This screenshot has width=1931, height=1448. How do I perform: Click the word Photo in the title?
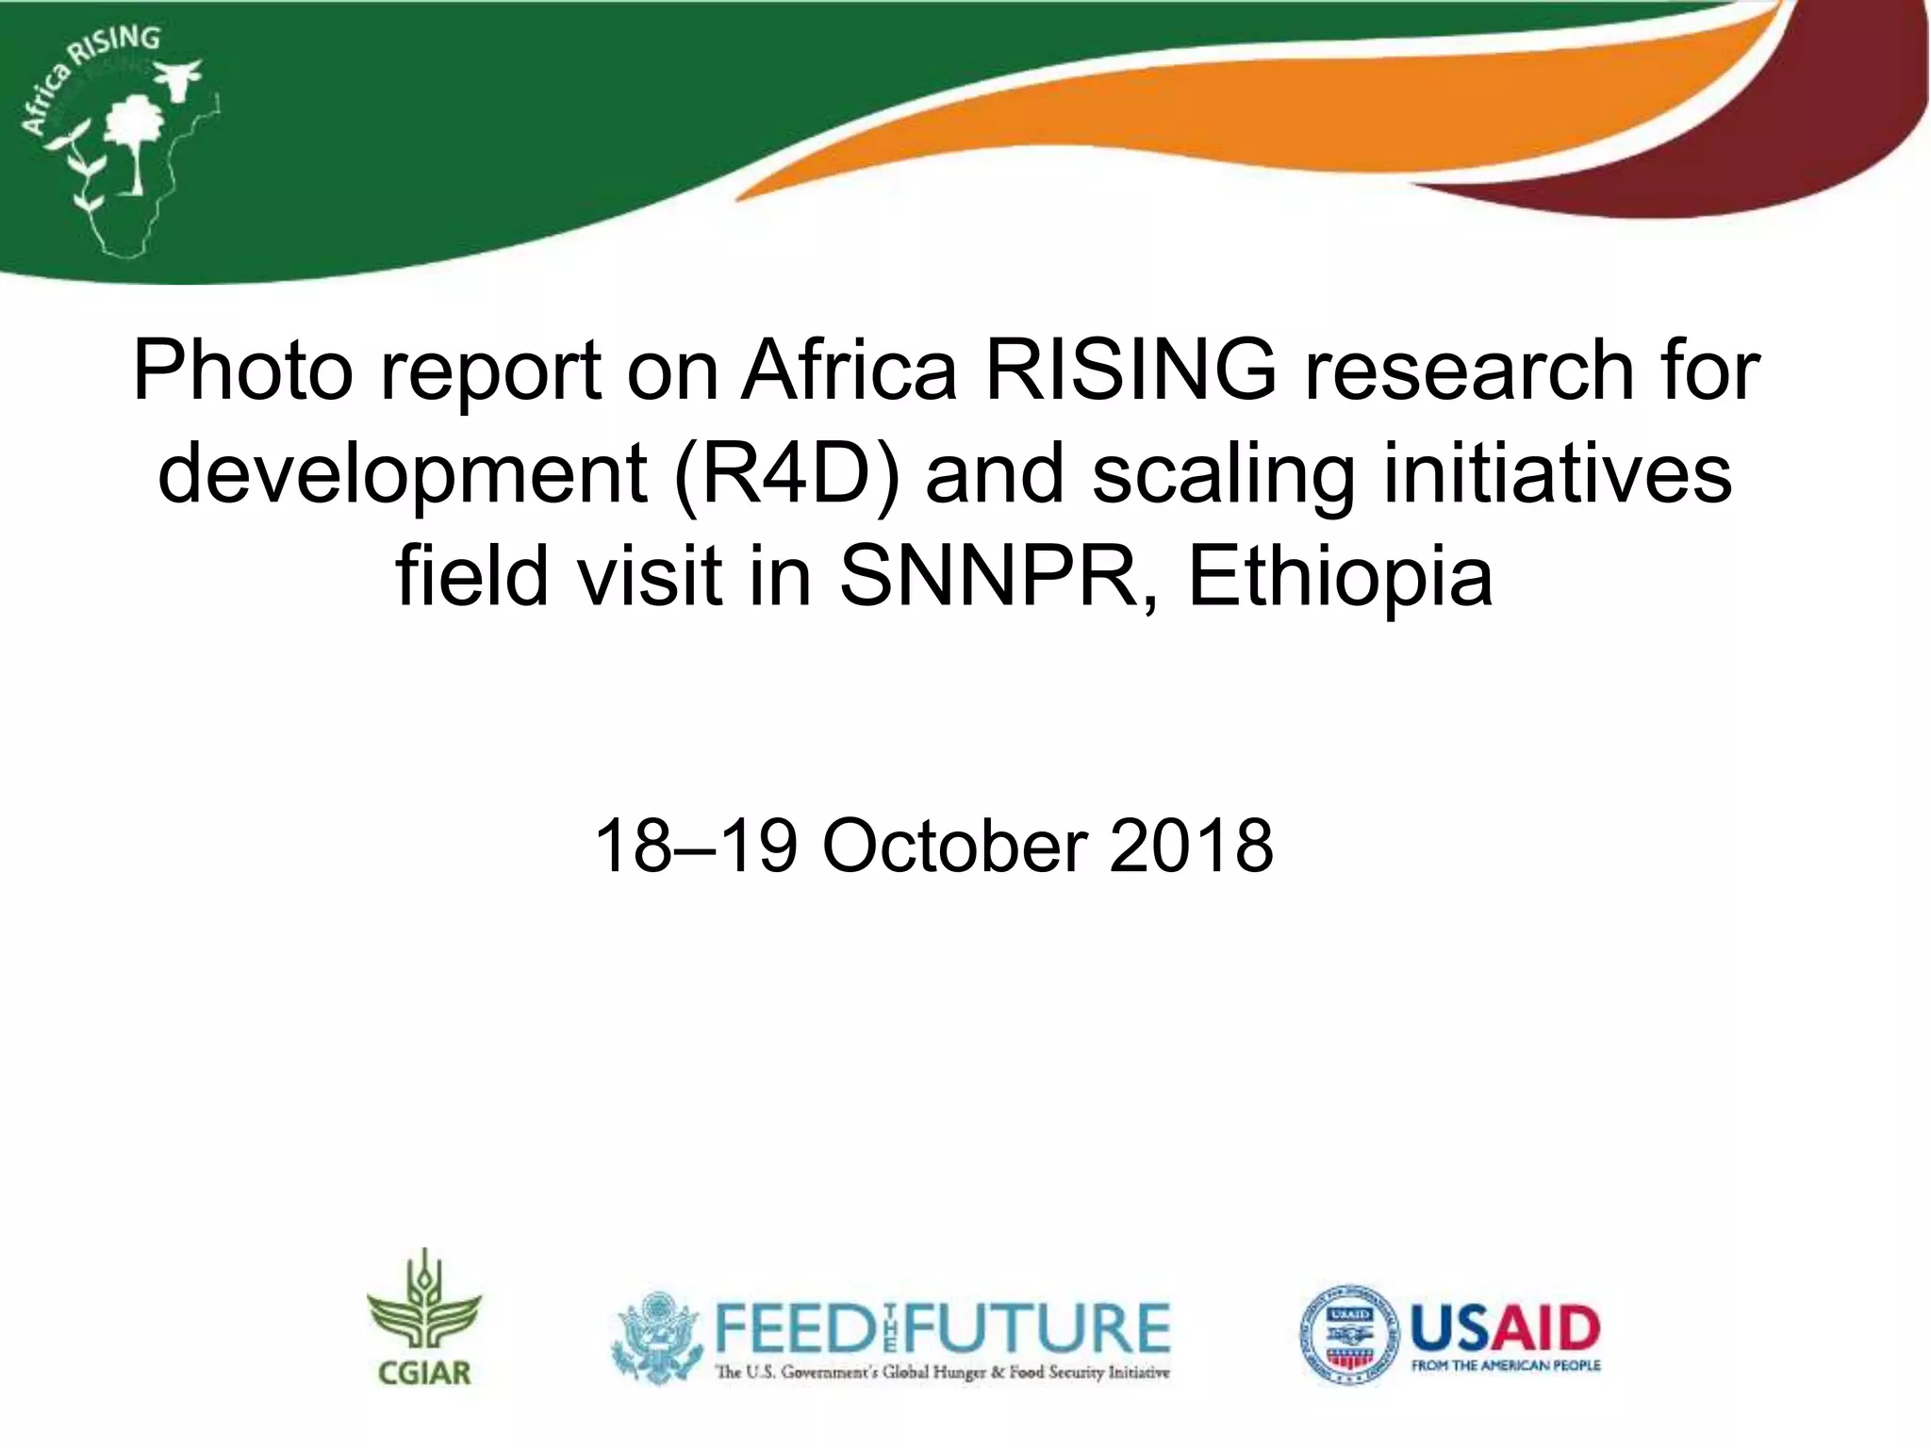[x=243, y=370]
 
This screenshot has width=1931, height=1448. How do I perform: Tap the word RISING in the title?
[x=1131, y=370]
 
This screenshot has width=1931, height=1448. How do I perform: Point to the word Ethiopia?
[x=1340, y=576]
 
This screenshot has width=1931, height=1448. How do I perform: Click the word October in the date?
[x=955, y=846]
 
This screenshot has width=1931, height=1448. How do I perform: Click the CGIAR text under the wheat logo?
[x=424, y=1373]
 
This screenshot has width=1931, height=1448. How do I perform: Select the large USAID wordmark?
[x=1505, y=1327]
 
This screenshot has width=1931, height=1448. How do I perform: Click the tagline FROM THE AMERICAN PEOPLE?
[x=1505, y=1366]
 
